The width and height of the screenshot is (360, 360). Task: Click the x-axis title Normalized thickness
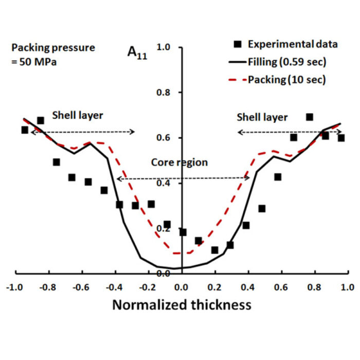(182, 304)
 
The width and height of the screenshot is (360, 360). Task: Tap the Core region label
(179, 163)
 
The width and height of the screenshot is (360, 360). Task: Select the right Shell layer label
(262, 117)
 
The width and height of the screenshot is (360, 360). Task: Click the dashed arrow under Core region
(183, 178)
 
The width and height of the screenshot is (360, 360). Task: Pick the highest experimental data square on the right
(310, 117)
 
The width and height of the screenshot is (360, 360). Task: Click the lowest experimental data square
(214, 250)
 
